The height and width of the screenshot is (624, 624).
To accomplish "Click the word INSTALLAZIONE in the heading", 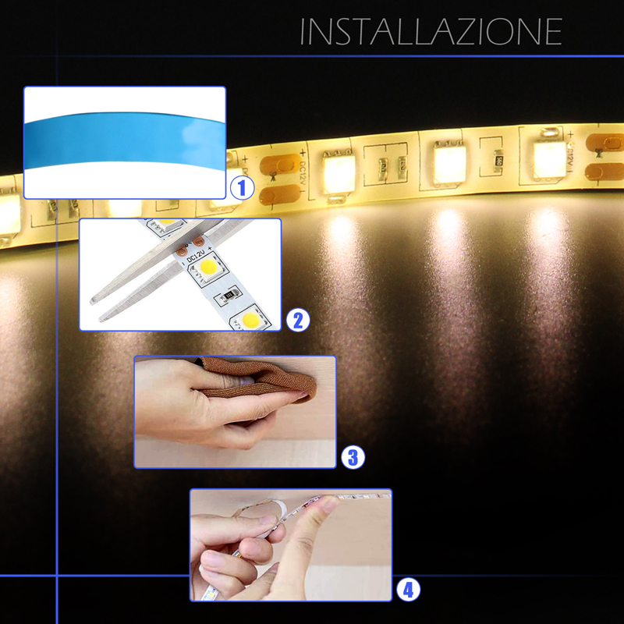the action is pyautogui.click(x=431, y=31).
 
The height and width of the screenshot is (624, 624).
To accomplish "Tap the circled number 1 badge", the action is pyautogui.click(x=242, y=188).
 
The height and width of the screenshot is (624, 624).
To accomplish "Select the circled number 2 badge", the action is pyautogui.click(x=298, y=321).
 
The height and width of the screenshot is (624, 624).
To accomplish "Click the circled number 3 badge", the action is pyautogui.click(x=353, y=457).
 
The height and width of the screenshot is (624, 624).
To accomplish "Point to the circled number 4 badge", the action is pyautogui.click(x=408, y=590).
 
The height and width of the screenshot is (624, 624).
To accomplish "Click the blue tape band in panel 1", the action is pyautogui.click(x=125, y=141).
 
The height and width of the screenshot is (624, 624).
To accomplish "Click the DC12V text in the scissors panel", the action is pyautogui.click(x=196, y=256).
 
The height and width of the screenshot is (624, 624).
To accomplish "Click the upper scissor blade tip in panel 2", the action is pyautogui.click(x=92, y=301).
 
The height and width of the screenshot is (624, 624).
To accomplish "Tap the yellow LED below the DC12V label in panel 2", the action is pyautogui.click(x=207, y=268).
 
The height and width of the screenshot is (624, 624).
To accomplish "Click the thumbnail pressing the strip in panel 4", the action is pyautogui.click(x=329, y=503).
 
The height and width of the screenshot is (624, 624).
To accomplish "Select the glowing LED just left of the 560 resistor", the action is pyautogui.click(x=450, y=163).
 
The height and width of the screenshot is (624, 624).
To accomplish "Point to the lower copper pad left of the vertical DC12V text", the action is pyautogui.click(x=280, y=195).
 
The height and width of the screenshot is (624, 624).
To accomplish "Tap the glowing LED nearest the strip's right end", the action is pyautogui.click(x=550, y=157).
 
